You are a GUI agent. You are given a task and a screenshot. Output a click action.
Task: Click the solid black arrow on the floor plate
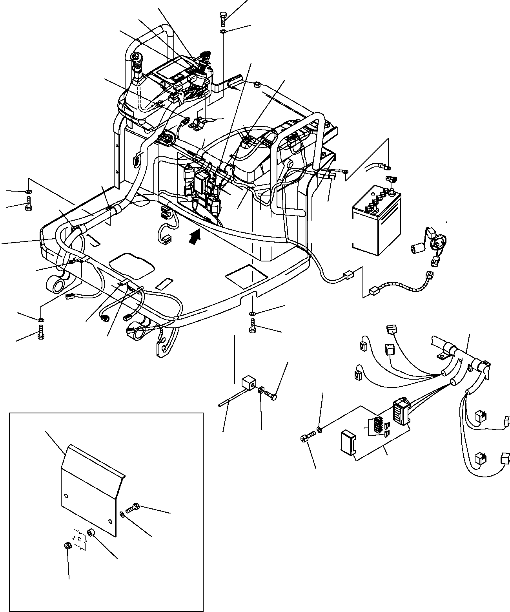tap(194, 237)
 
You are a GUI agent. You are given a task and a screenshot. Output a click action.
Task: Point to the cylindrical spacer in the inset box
tap(92, 533)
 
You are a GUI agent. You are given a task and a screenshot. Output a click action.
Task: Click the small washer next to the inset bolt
tap(123, 514)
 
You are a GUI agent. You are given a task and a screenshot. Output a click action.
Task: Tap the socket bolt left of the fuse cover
tap(307, 437)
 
